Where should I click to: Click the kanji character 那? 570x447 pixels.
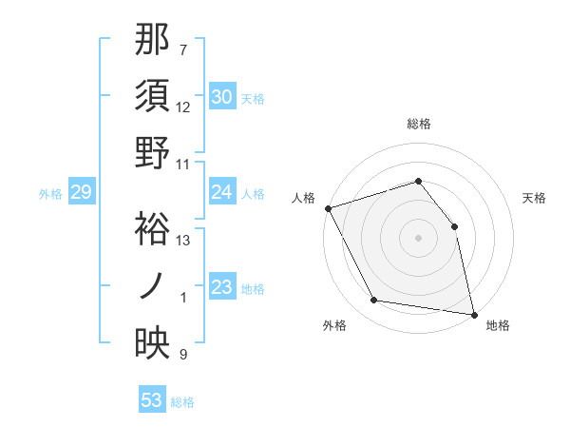click(152, 40)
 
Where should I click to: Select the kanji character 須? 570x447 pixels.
click(152, 96)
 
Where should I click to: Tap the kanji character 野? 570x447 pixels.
click(152, 152)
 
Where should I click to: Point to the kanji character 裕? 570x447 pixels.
click(152, 229)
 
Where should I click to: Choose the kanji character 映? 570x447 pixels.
click(152, 343)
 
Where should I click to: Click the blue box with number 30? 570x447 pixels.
click(221, 97)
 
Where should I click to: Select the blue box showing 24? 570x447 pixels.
click(221, 192)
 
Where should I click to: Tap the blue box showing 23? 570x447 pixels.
click(221, 287)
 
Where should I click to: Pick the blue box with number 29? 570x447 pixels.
click(81, 193)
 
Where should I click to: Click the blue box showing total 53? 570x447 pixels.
click(152, 400)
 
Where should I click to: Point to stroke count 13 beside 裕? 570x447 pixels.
click(184, 241)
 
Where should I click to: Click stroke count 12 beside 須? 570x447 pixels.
click(184, 107)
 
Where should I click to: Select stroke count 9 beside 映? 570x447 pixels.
click(183, 355)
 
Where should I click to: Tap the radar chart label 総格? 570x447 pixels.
click(418, 124)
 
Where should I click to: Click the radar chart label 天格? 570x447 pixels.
click(534, 198)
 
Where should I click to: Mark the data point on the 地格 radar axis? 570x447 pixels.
click(473, 313)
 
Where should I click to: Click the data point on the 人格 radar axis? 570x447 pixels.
click(328, 208)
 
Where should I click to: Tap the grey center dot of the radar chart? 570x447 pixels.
click(418, 238)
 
